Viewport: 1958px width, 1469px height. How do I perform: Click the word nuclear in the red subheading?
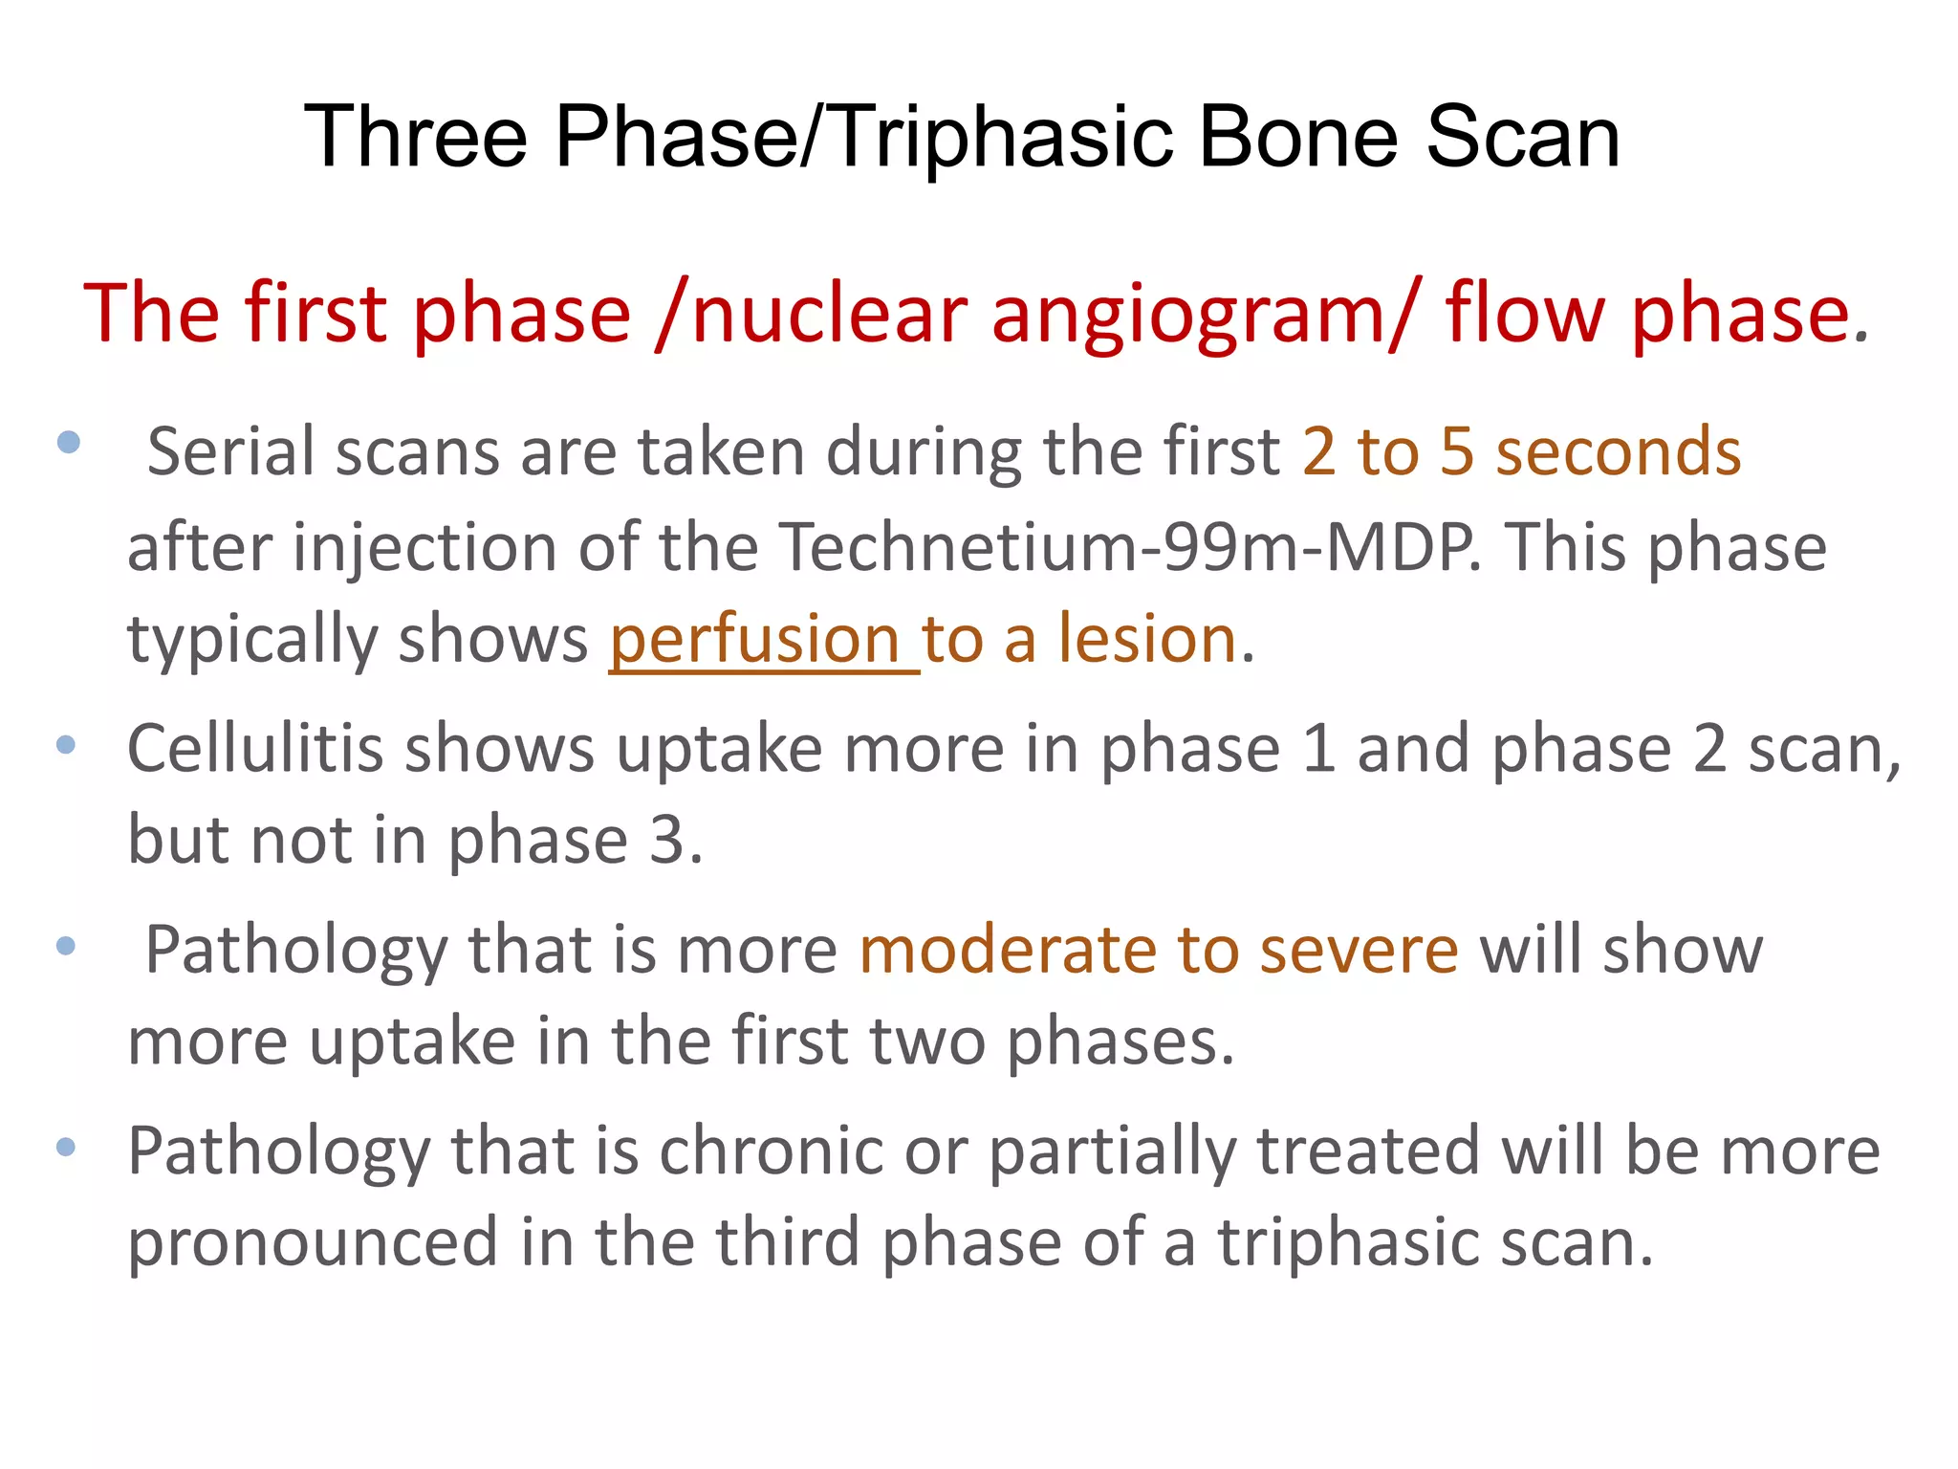(830, 314)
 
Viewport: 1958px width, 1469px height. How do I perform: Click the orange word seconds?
(1619, 451)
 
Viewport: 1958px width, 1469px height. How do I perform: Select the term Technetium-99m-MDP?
(1129, 548)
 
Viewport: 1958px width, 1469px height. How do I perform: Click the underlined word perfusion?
(755, 639)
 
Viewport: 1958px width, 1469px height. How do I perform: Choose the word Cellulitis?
(254, 749)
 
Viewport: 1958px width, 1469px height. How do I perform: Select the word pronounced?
(313, 1242)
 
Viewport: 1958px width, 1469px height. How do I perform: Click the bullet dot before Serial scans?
(68, 442)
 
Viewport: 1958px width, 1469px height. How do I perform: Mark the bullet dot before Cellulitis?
(66, 745)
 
